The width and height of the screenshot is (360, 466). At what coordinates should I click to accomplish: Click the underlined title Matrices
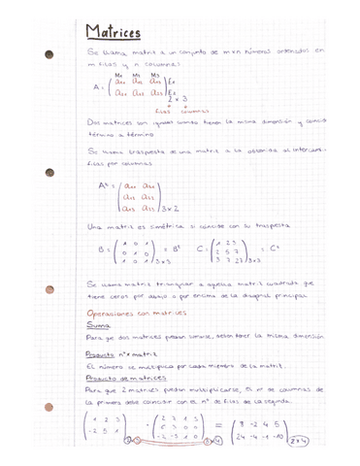(x=113, y=33)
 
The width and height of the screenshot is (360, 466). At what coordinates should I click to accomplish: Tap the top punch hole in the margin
(x=49, y=55)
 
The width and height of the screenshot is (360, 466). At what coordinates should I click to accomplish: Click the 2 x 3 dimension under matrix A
(x=178, y=100)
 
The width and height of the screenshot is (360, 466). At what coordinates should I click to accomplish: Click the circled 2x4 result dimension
(x=299, y=440)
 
